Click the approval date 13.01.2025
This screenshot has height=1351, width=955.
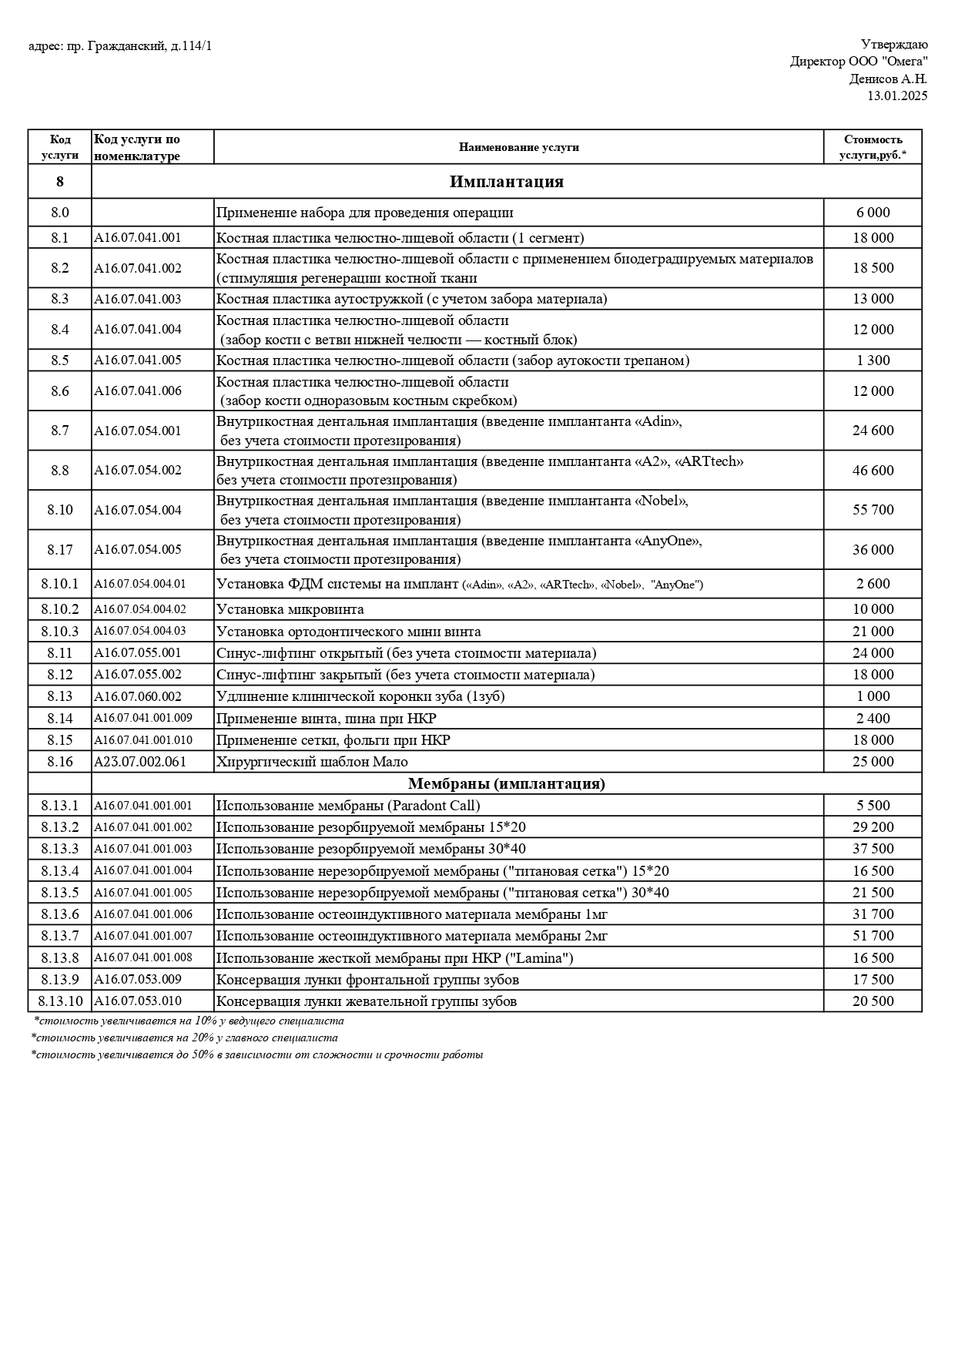pos(897,96)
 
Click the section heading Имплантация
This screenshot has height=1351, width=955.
pos(506,182)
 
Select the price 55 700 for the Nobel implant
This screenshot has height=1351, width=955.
pos(873,510)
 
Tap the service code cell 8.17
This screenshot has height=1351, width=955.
pos(59,549)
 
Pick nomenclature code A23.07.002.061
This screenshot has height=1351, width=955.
pos(138,762)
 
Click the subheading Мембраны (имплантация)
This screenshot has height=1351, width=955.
pos(506,783)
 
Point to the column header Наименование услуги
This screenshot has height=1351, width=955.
pos(518,147)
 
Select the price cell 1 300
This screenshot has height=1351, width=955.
pos(873,360)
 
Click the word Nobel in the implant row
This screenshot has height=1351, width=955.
pos(660,501)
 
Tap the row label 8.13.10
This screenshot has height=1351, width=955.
pos(59,1001)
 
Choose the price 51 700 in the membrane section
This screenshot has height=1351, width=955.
pos(873,936)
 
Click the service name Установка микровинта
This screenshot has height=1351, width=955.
pos(290,609)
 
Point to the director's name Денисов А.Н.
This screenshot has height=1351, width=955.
pos(888,79)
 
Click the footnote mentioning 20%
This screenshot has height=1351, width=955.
pos(185,1038)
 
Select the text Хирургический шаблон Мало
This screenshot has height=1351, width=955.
pos(312,762)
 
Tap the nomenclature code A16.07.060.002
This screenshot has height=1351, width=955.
pos(138,696)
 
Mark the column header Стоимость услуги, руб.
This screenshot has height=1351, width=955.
pos(873,147)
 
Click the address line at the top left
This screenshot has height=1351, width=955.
pos(120,46)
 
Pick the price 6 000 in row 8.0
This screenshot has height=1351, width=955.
pos(873,213)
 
